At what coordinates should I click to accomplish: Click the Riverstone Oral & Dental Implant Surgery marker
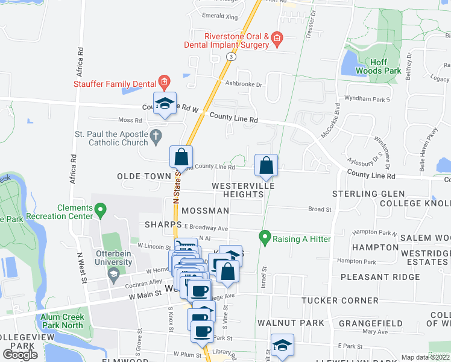click(x=276, y=40)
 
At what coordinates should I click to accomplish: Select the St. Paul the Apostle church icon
click(x=156, y=135)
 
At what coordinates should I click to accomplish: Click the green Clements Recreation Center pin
click(x=100, y=211)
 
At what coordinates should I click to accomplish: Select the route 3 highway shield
click(x=231, y=56)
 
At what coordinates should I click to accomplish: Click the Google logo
click(x=20, y=355)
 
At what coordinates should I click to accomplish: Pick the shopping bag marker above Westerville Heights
click(x=266, y=165)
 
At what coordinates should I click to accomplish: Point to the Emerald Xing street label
click(x=220, y=16)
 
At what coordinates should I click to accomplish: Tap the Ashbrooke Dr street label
click(x=244, y=85)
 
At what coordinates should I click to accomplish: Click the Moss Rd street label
click(x=130, y=120)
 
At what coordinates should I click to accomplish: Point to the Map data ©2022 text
click(x=426, y=357)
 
